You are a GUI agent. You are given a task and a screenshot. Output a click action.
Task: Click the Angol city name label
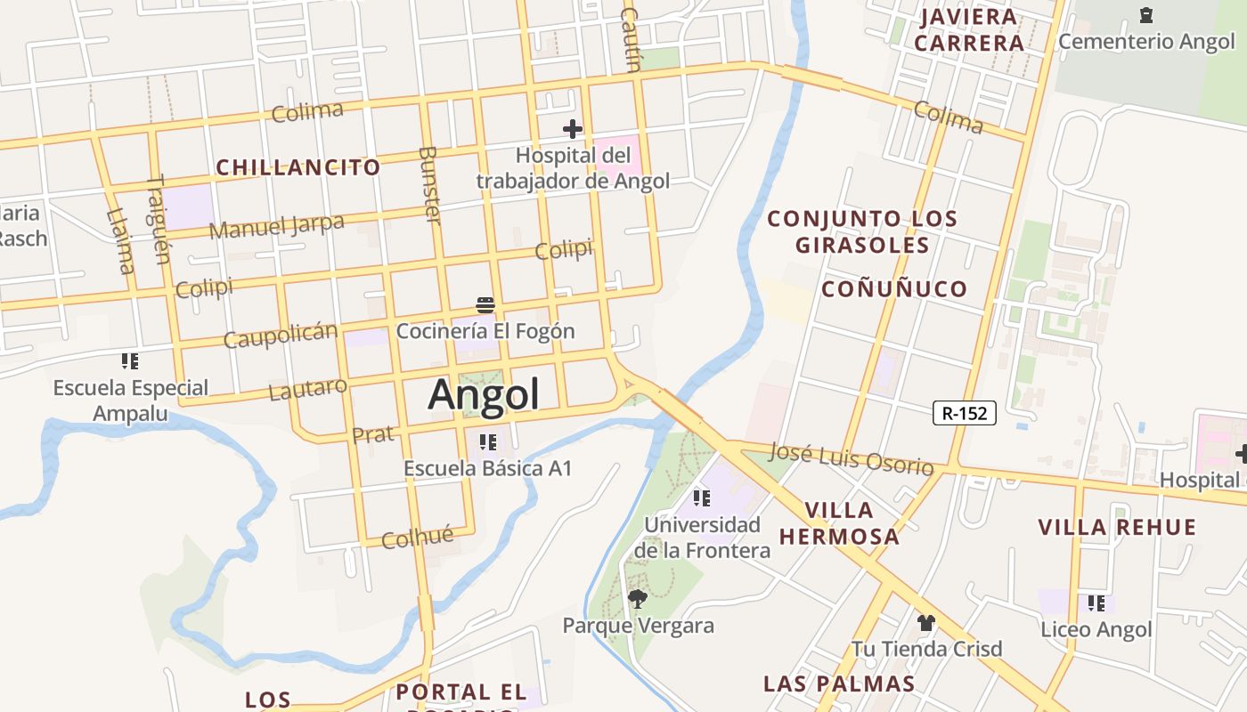tap(484, 394)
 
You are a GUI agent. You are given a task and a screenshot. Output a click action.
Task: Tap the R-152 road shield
tap(964, 413)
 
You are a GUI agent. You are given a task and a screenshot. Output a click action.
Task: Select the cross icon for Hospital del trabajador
tap(572, 130)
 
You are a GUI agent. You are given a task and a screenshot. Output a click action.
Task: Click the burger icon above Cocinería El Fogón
tap(485, 305)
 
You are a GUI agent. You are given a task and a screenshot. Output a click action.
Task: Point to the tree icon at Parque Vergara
tap(637, 598)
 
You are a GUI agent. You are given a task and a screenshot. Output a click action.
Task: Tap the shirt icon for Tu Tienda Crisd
tap(926, 622)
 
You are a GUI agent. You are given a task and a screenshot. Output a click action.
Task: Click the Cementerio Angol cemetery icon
tap(1145, 15)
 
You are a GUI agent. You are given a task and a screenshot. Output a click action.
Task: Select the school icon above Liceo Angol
tap(1096, 603)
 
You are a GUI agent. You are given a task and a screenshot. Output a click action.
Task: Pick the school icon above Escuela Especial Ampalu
tap(130, 361)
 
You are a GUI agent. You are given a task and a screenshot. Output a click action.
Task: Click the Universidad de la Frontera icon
tap(702, 498)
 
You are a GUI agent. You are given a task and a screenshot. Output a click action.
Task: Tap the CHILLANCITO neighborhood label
tap(298, 167)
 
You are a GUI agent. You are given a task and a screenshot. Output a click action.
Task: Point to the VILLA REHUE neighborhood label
tap(1117, 527)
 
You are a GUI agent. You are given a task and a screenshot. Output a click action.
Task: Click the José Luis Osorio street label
tap(851, 458)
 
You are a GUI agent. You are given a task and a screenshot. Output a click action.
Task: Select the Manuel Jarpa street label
tap(276, 226)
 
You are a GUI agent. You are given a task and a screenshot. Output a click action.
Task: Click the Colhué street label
tap(417, 538)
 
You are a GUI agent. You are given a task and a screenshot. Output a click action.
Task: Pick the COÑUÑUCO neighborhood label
tap(893, 288)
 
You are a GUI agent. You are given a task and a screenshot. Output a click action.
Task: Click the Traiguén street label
tap(157, 220)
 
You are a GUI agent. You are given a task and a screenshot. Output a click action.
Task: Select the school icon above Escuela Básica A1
tap(487, 441)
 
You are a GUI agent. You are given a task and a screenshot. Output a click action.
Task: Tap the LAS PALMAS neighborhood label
tap(838, 684)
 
